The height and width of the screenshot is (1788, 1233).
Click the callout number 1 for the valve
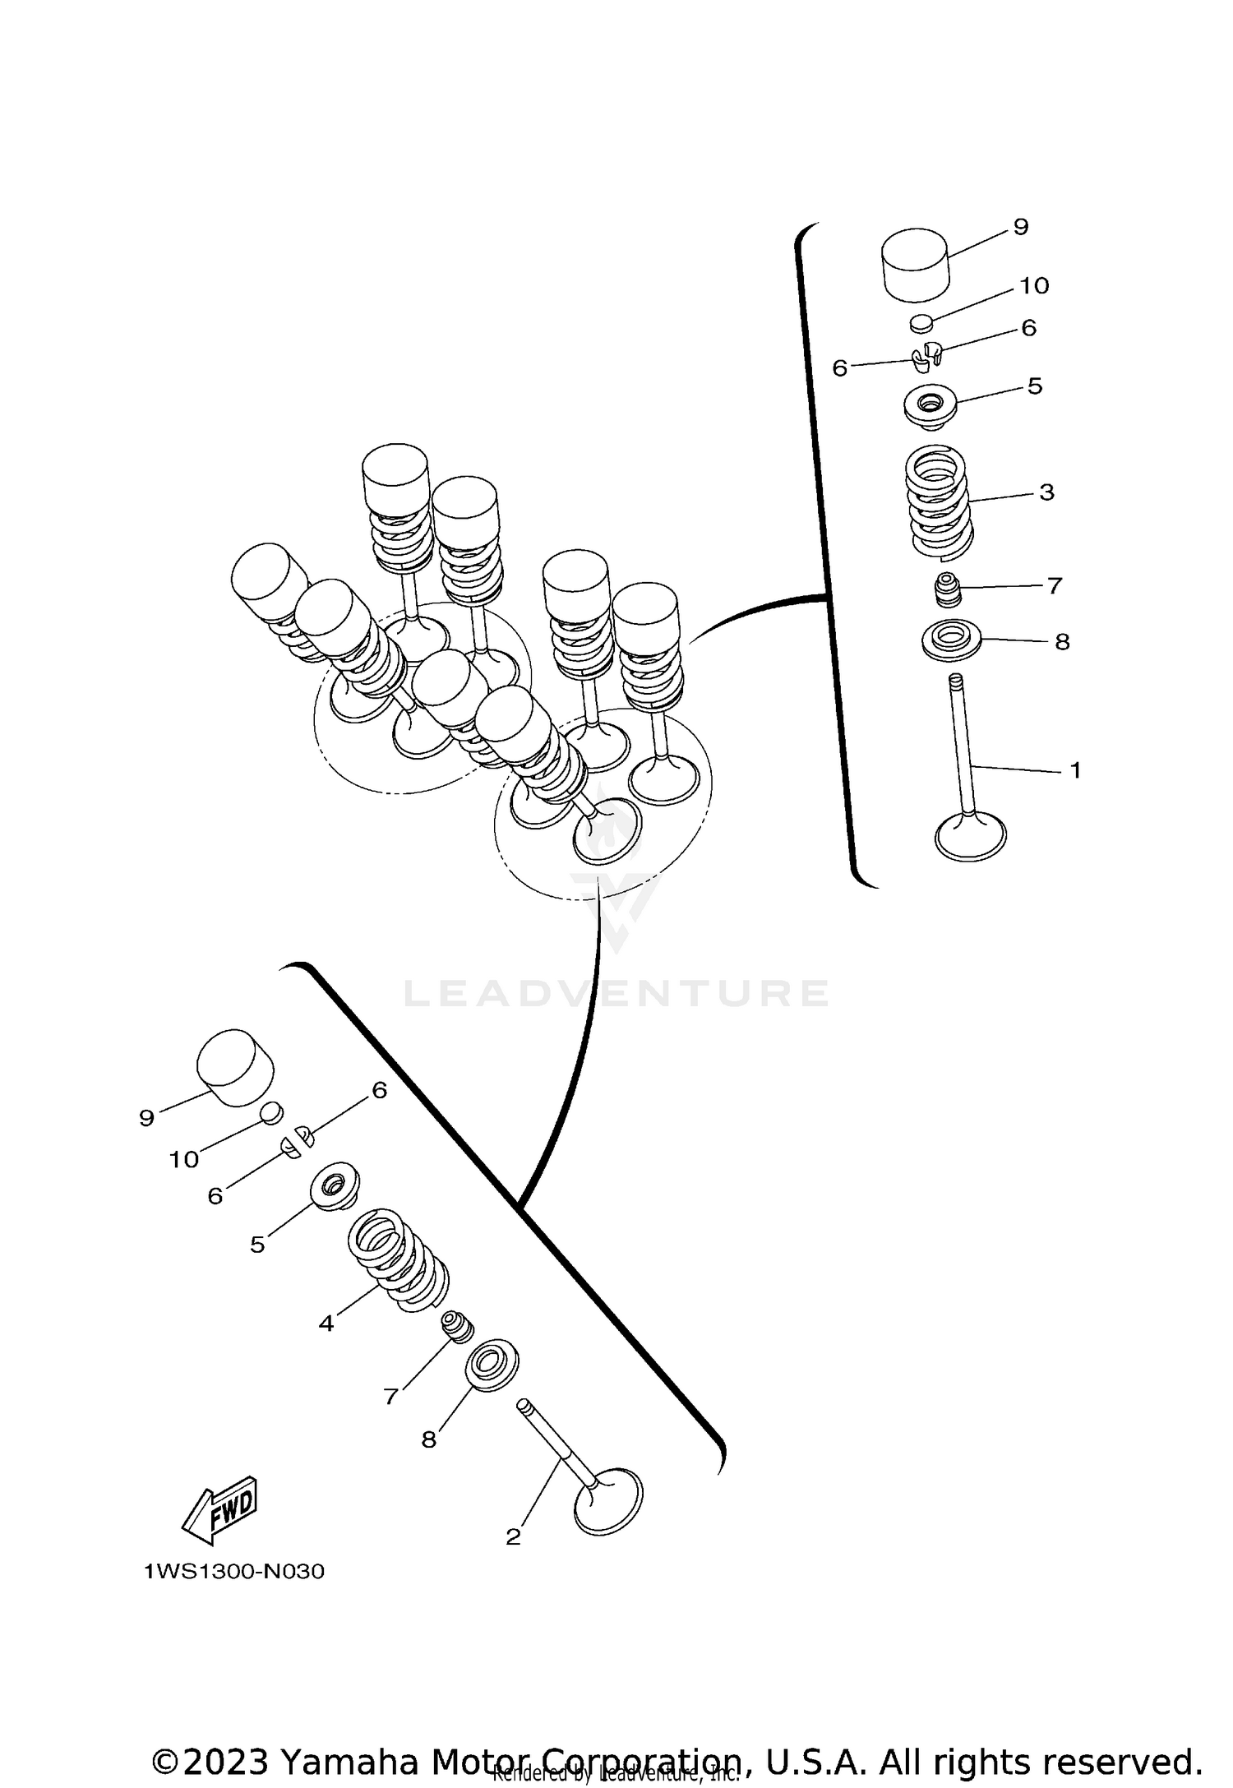pyautogui.click(x=1074, y=770)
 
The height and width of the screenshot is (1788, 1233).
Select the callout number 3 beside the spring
pyautogui.click(x=1046, y=492)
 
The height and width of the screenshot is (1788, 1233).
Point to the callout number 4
pyautogui.click(x=326, y=1324)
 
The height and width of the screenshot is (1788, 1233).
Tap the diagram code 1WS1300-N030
pyautogui.click(x=234, y=1572)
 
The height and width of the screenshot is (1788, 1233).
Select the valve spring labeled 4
pyautogui.click(x=399, y=1260)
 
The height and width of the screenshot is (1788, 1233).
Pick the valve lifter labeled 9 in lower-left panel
pyautogui.click(x=235, y=1067)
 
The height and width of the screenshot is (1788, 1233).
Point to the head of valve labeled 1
pyautogui.click(x=971, y=837)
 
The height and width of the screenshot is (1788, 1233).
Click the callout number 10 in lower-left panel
pyautogui.click(x=184, y=1159)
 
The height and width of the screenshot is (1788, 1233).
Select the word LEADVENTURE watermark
pyautogui.click(x=616, y=993)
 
